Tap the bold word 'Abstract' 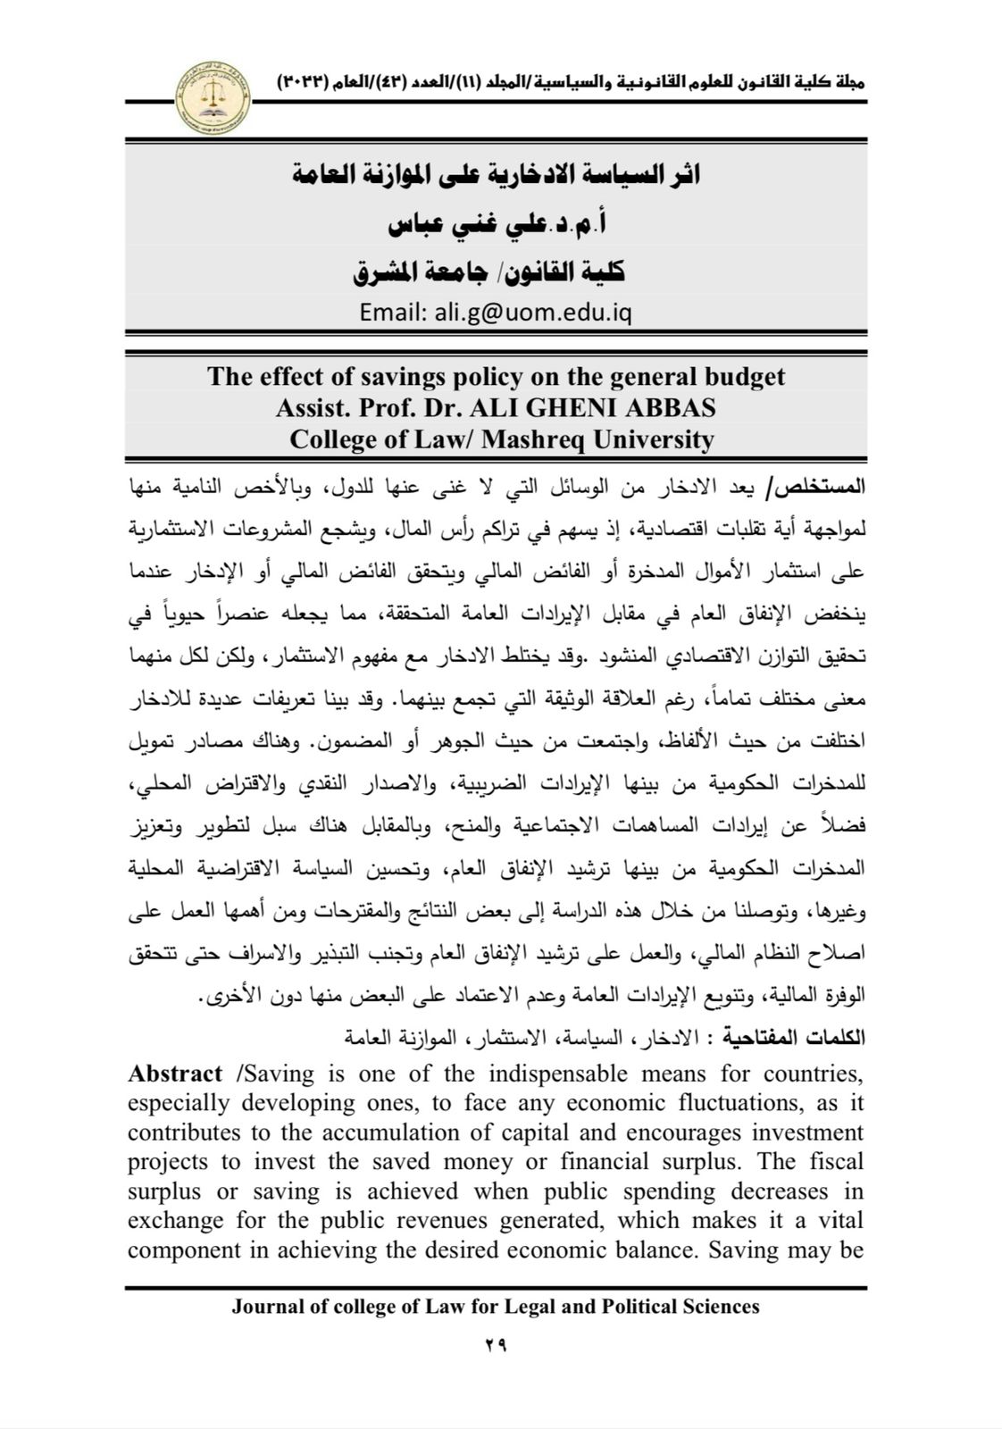pyautogui.click(x=175, y=1074)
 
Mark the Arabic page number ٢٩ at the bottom pyautogui.click(x=497, y=1345)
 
